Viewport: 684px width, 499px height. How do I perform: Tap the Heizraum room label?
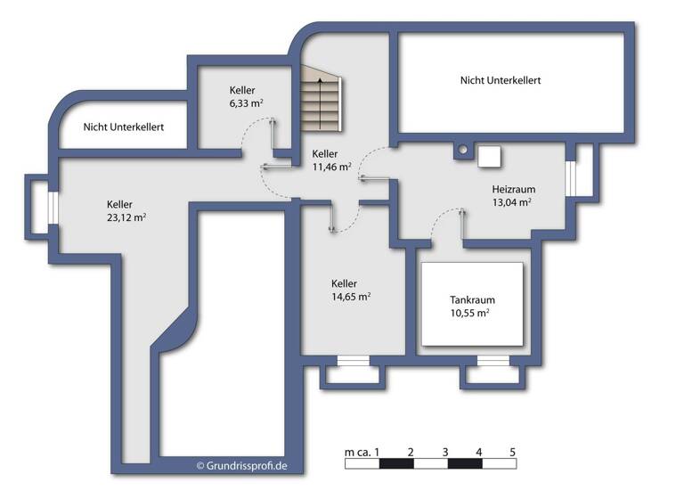click(x=512, y=189)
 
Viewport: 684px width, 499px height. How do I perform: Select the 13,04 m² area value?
click(x=512, y=202)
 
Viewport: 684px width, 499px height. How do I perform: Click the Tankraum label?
click(x=472, y=299)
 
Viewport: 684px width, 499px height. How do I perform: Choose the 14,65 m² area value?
click(x=351, y=298)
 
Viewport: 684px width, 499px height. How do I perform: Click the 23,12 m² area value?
click(x=126, y=217)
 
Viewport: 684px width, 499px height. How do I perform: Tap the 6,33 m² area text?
click(x=246, y=103)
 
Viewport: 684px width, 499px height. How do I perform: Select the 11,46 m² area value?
click(x=331, y=167)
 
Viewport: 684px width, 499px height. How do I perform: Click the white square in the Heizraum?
click(x=490, y=156)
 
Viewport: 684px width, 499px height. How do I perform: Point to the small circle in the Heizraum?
click(x=462, y=151)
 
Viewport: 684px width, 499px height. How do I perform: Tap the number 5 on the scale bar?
click(x=513, y=452)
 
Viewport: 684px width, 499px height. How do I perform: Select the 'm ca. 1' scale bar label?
click(x=362, y=452)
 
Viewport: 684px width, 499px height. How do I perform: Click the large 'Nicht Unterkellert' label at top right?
click(x=501, y=80)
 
